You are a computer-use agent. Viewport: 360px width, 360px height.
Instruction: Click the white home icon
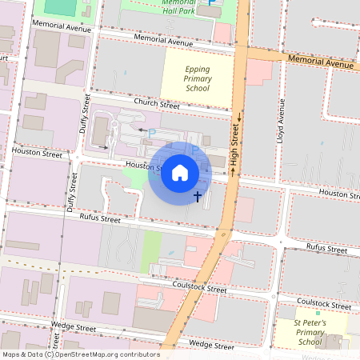[x=180, y=173]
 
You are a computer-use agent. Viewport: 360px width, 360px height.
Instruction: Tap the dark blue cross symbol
[x=198, y=195]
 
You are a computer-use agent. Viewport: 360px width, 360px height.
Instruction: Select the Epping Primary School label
[x=186, y=78]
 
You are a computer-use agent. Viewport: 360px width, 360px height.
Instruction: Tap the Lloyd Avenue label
[x=281, y=119]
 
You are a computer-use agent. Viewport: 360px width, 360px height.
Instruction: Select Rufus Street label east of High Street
[x=327, y=248]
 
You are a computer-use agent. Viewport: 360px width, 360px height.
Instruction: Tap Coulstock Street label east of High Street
[x=323, y=303]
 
